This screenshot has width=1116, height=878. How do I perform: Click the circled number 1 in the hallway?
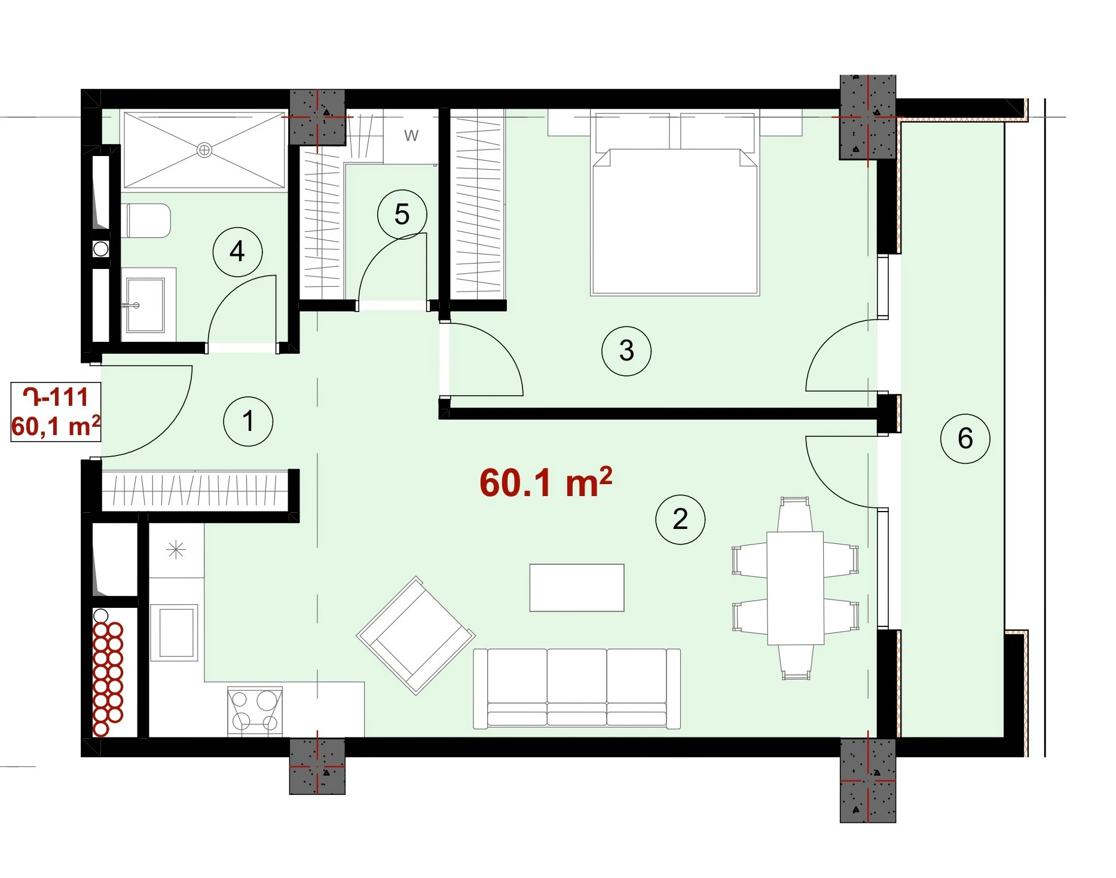click(248, 421)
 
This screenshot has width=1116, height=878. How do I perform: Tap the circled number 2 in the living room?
click(680, 519)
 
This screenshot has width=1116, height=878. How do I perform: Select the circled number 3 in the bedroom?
click(626, 350)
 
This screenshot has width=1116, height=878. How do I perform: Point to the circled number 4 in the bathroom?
click(237, 252)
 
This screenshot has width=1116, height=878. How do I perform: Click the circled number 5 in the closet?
click(402, 214)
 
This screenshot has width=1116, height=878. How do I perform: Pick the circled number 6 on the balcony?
click(965, 438)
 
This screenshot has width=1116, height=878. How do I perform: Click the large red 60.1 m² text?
click(546, 482)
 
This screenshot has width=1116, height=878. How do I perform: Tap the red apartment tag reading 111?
click(56, 397)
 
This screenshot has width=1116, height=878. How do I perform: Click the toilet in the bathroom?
click(146, 221)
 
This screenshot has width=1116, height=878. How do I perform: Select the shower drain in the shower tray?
click(204, 150)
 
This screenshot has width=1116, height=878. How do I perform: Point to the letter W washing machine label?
click(411, 136)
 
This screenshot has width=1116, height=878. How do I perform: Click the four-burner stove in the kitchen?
click(255, 711)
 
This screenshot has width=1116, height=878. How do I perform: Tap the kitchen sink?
click(174, 632)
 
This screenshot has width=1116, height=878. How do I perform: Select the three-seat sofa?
click(577, 689)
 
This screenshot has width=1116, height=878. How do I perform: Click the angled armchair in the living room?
click(416, 635)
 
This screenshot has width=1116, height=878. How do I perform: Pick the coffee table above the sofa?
click(577, 588)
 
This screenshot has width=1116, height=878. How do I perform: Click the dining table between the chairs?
click(796, 588)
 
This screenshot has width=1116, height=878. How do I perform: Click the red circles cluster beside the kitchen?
click(108, 679)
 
